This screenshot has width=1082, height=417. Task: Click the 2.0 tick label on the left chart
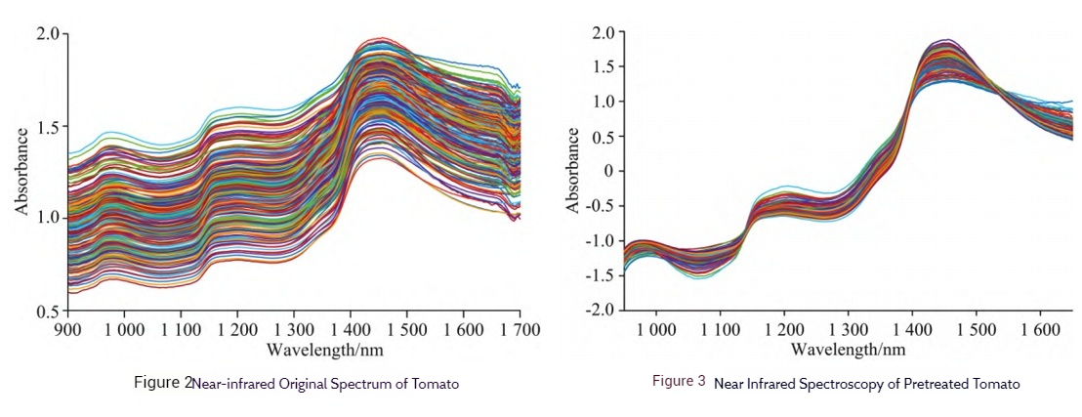pyautogui.click(x=51, y=34)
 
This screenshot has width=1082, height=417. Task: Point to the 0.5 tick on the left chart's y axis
pyautogui.click(x=51, y=312)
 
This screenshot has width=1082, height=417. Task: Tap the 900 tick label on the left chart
pyautogui.click(x=67, y=330)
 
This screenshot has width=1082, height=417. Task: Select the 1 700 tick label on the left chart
pyautogui.click(x=519, y=330)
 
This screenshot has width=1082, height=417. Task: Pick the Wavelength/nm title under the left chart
pyautogui.click(x=292, y=349)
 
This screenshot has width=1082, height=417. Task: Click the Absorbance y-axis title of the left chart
pyautogui.click(x=21, y=173)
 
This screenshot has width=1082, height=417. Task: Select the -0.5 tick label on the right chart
pyautogui.click(x=602, y=206)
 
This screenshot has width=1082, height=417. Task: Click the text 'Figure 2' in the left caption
pyautogui.click(x=163, y=383)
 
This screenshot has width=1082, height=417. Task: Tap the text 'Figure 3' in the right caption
pyautogui.click(x=679, y=382)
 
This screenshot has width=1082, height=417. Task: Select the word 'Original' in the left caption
pyautogui.click(x=300, y=384)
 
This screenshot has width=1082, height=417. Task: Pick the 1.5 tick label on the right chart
pyautogui.click(x=606, y=67)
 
